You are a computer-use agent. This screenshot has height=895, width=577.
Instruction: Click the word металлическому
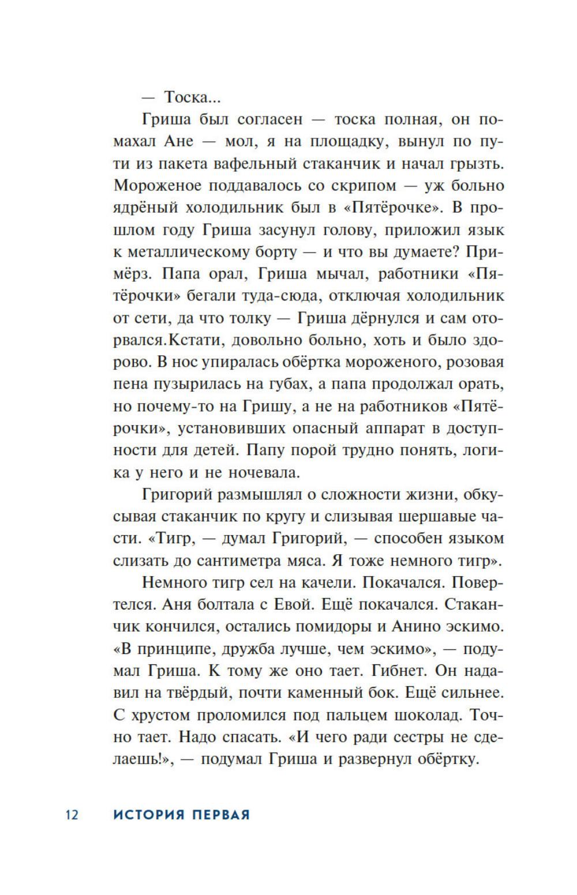(195, 252)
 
